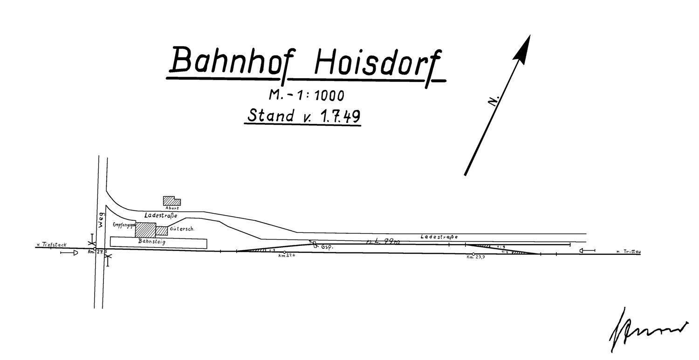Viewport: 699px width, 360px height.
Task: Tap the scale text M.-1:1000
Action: (306, 95)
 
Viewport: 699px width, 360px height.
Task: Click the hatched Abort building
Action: (171, 201)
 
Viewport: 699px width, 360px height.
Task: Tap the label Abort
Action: (172, 208)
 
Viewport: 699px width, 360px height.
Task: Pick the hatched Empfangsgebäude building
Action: (145, 230)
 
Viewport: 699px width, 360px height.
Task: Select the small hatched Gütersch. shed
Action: (161, 231)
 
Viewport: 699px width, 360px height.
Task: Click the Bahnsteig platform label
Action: (152, 242)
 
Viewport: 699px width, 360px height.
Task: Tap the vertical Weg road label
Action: (103, 220)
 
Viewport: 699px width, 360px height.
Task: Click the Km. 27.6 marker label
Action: (285, 256)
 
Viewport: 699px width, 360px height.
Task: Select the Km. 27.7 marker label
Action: (475, 257)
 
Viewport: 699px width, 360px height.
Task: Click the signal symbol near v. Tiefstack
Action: (70, 253)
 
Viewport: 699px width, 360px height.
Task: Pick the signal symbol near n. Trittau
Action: (587, 251)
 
